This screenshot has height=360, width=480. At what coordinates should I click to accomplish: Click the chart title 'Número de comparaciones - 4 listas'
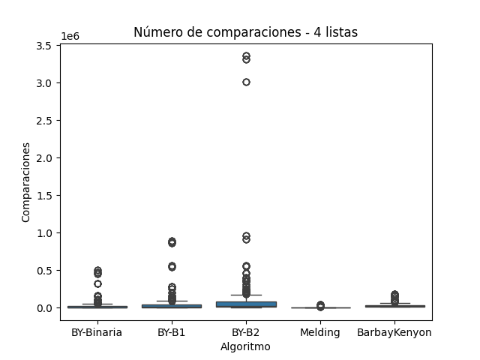point(245,32)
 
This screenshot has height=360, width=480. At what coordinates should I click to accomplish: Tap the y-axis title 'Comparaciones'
point(26,181)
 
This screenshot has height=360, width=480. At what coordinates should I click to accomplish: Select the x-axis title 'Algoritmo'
point(245,347)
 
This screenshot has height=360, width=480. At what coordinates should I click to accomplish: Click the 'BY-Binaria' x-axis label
point(97,332)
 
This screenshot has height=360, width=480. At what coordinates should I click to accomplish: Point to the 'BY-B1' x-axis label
point(171,332)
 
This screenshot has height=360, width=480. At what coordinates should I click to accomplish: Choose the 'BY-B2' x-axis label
point(245,332)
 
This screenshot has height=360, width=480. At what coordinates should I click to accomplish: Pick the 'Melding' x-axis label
point(319,332)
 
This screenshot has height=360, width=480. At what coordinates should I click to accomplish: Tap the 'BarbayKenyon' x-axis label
point(394,332)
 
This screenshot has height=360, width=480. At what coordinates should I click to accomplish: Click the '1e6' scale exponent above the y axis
point(70,36)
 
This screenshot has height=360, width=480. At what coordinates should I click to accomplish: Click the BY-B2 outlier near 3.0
point(245,82)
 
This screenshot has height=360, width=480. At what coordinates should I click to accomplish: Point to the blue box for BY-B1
point(171,306)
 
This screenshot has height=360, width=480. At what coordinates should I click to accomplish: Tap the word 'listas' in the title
point(341,32)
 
